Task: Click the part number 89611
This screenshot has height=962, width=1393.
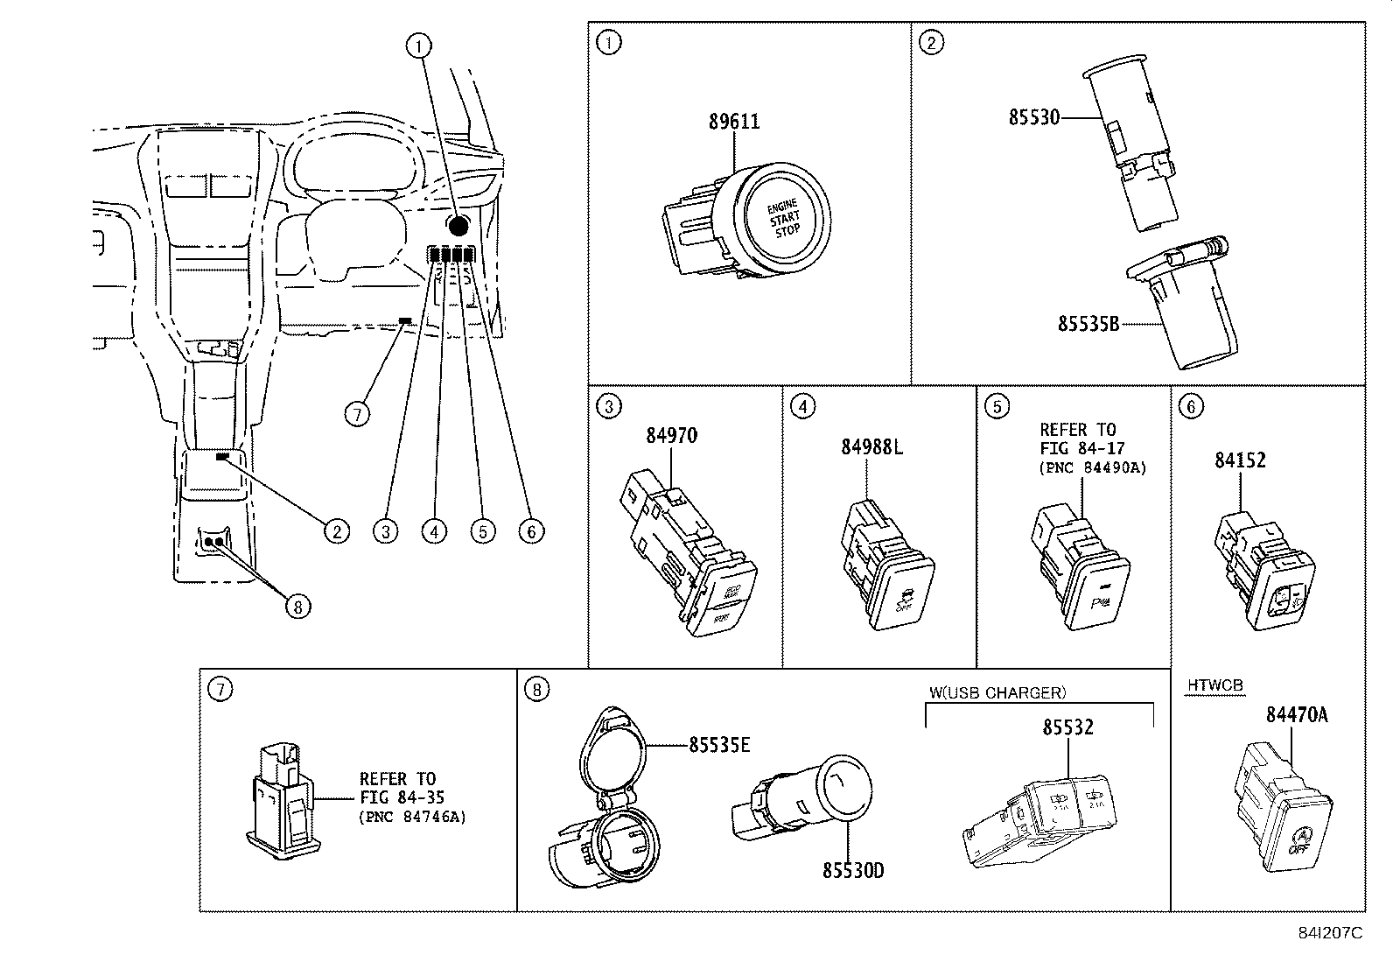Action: click(x=734, y=122)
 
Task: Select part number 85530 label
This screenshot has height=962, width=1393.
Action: click(x=1033, y=116)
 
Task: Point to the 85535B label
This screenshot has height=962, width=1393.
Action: click(x=1088, y=324)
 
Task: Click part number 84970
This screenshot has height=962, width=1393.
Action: click(x=672, y=435)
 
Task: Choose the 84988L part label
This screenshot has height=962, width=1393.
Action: click(x=871, y=446)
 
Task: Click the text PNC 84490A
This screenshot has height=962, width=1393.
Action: click(x=1093, y=467)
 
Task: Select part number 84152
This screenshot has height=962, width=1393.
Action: click(x=1240, y=460)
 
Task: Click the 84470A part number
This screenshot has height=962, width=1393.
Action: click(x=1297, y=715)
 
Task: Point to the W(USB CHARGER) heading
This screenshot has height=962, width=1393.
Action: click(x=997, y=692)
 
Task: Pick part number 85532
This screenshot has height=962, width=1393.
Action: click(x=1067, y=727)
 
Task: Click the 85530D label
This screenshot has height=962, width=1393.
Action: click(x=853, y=871)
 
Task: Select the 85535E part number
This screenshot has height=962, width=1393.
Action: click(x=719, y=745)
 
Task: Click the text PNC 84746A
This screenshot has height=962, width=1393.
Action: click(x=412, y=817)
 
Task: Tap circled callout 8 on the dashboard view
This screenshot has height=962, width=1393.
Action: click(x=298, y=606)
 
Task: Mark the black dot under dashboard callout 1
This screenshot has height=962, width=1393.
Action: click(x=457, y=224)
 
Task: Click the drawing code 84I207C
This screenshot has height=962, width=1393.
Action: click(x=1329, y=932)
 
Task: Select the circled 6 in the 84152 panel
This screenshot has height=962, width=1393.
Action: click(x=1191, y=405)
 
